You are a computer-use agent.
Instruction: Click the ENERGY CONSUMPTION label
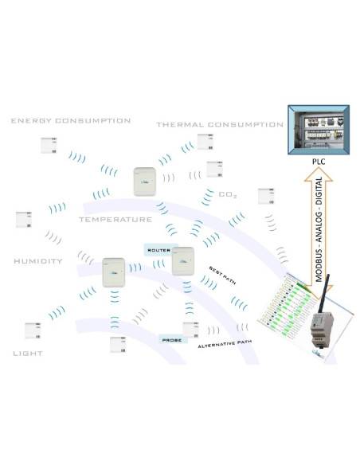click(70, 121)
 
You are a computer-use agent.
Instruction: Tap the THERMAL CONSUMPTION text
click(219, 124)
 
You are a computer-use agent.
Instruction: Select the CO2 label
click(229, 193)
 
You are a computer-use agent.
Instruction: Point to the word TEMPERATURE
click(115, 218)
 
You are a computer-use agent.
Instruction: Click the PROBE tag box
click(171, 339)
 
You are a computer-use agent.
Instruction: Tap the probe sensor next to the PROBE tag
click(192, 329)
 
